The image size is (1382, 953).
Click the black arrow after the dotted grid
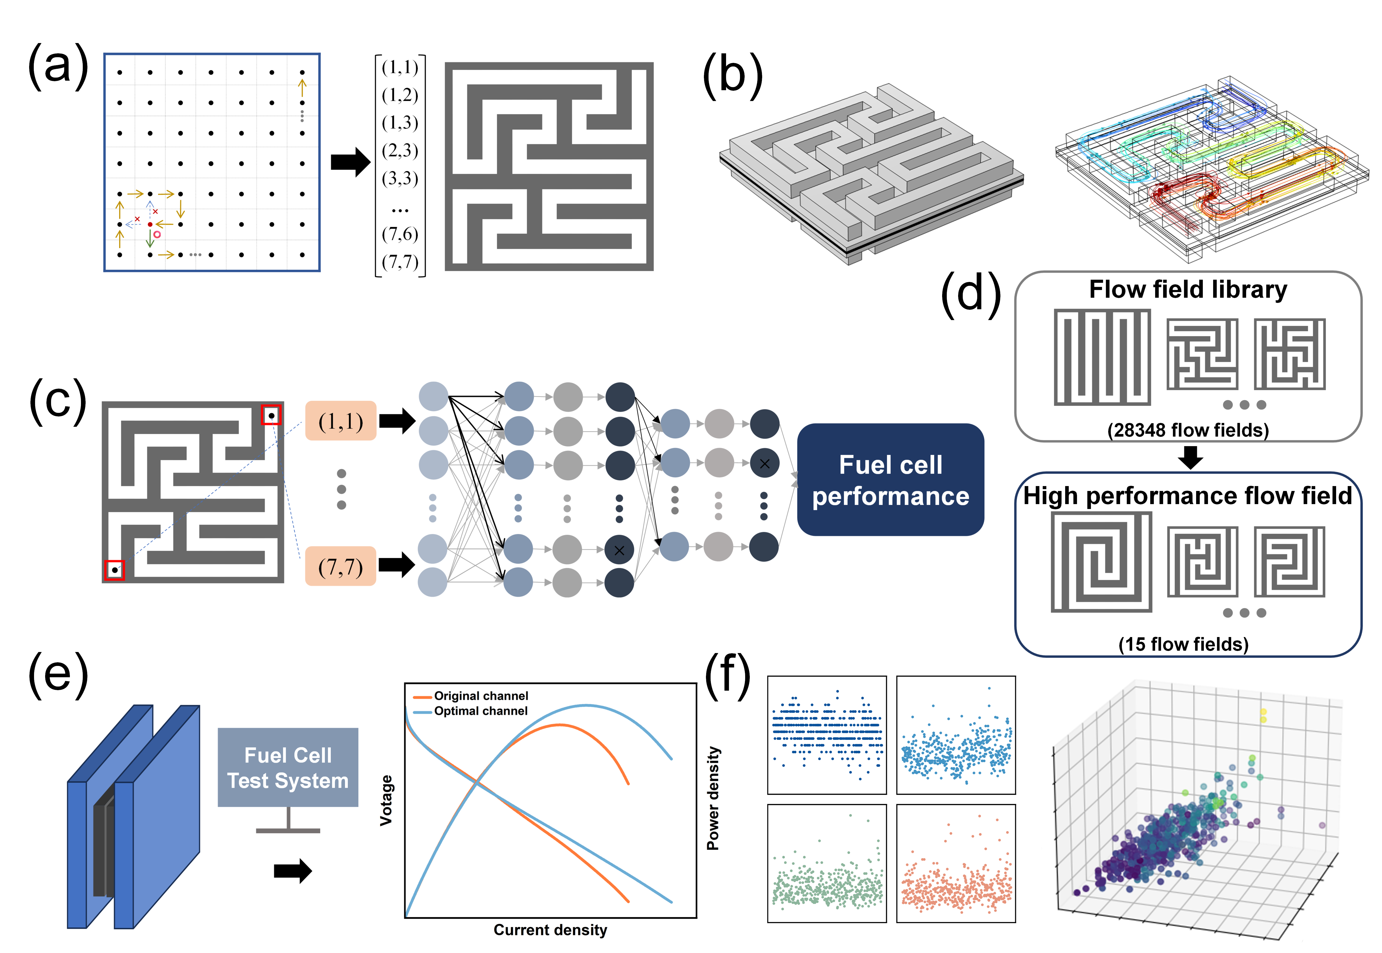tap(351, 162)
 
